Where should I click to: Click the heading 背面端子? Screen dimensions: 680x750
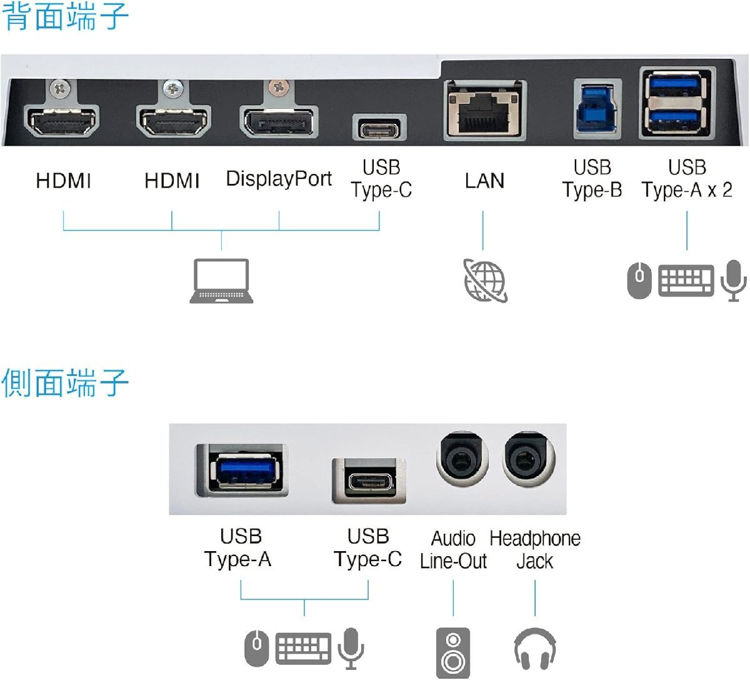(66, 17)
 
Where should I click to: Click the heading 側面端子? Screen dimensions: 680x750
(66, 383)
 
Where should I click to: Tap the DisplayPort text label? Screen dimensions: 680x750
(279, 179)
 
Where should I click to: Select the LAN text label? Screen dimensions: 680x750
(484, 181)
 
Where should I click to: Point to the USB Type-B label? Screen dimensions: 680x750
(592, 179)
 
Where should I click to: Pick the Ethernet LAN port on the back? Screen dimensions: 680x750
(485, 111)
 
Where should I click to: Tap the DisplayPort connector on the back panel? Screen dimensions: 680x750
(278, 121)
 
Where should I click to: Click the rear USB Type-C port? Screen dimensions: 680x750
(379, 129)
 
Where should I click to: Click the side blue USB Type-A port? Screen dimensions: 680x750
(242, 470)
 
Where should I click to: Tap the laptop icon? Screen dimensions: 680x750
(222, 282)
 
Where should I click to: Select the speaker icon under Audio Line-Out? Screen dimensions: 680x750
(452, 652)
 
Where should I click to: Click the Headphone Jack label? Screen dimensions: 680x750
(535, 549)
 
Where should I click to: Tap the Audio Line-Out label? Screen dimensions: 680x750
(453, 549)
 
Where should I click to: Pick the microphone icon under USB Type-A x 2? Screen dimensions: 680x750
(733, 280)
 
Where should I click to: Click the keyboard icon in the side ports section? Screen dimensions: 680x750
(304, 648)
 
